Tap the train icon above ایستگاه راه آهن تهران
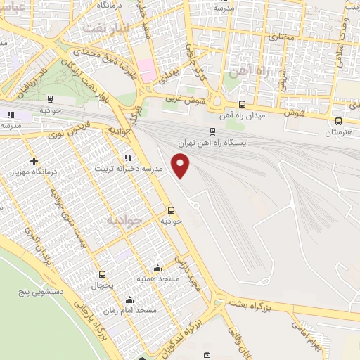213,131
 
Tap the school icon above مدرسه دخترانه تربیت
127,157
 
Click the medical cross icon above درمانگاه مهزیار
33,162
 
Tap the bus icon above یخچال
103,275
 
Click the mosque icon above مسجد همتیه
157,268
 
